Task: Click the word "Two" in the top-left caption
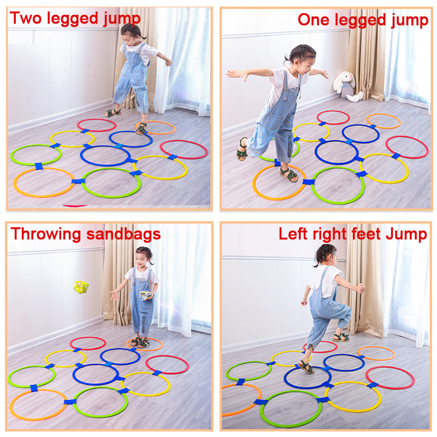(25, 18)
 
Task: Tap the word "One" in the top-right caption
(313, 20)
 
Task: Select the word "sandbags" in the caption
(123, 234)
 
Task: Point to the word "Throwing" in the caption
(46, 234)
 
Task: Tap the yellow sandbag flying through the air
(81, 287)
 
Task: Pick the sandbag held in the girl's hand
(146, 296)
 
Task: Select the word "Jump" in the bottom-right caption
(406, 234)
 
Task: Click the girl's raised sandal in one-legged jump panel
(242, 149)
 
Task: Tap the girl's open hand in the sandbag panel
(114, 296)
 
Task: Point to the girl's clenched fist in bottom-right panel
(361, 288)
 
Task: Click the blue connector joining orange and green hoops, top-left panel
(78, 181)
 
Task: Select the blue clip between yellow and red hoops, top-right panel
(395, 156)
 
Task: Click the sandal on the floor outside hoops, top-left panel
(113, 113)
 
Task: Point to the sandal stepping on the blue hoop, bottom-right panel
(306, 367)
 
